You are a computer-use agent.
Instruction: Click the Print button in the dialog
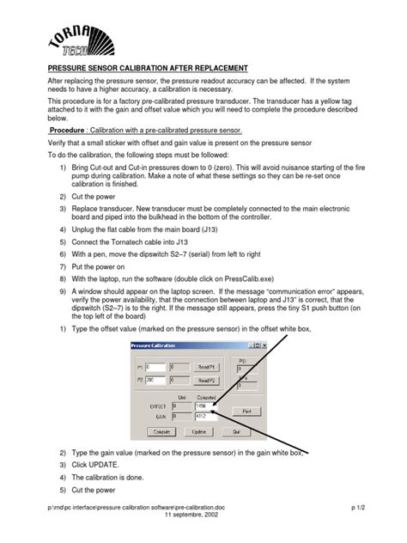click(246, 411)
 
